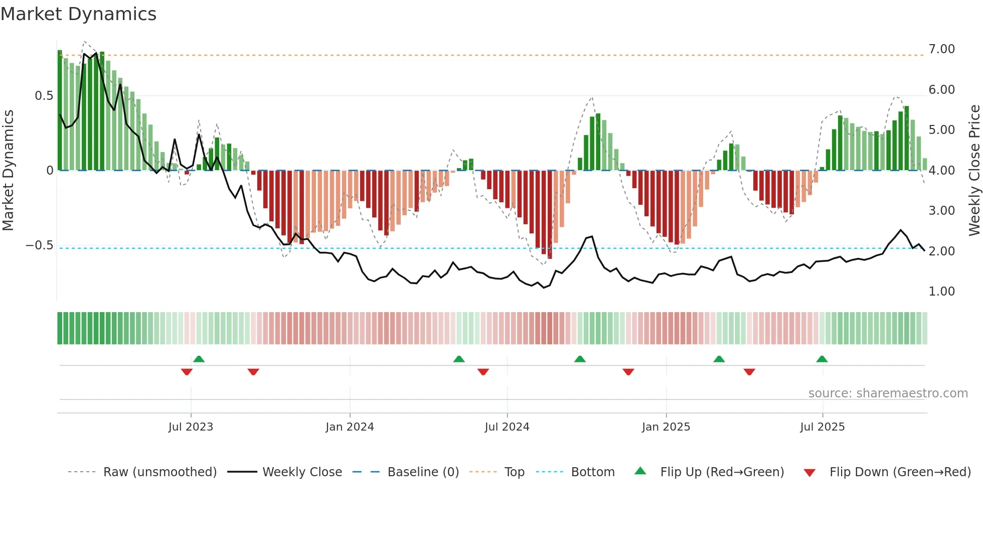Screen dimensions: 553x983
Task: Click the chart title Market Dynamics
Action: (79, 14)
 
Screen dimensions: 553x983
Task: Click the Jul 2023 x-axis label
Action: (191, 427)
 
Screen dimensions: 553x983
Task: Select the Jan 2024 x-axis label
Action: (350, 427)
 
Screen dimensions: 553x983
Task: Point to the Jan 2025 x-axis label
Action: (666, 427)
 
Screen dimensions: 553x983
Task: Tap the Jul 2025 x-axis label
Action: (823, 427)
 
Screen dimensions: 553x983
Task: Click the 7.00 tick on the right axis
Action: (941, 49)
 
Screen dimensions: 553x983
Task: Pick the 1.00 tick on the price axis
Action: (941, 292)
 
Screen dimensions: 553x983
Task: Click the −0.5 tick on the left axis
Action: (39, 245)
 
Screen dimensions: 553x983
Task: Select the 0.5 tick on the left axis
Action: (44, 96)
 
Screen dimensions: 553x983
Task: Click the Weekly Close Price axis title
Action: (974, 171)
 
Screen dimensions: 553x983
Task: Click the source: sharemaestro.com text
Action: (888, 393)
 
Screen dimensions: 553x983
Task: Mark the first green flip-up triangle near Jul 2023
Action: (199, 359)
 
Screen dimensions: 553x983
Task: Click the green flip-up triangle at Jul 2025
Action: (822, 359)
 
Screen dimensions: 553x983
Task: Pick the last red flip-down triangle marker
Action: (749, 372)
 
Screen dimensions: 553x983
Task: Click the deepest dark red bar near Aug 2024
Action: (550, 216)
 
